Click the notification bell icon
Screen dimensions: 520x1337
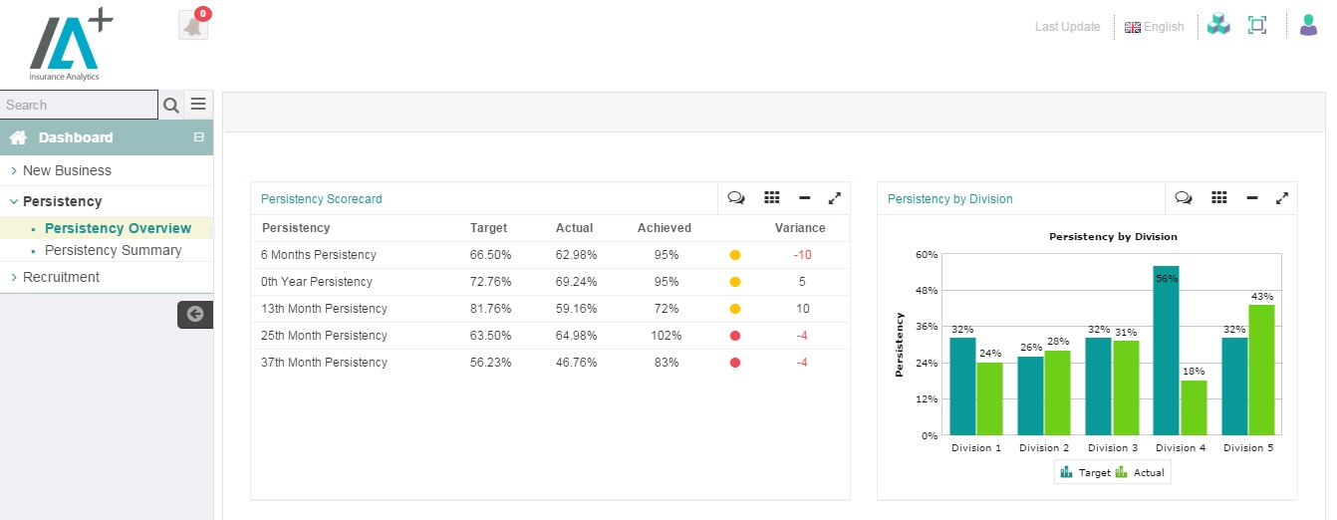point(193,26)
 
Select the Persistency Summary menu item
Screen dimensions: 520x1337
point(113,250)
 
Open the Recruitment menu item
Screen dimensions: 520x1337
point(61,277)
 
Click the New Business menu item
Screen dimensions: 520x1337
point(67,170)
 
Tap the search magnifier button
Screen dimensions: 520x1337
point(171,105)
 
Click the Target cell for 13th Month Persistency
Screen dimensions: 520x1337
point(490,309)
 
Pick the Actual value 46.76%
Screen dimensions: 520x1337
point(576,363)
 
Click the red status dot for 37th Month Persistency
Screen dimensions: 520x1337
point(735,363)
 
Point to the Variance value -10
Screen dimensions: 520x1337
point(802,255)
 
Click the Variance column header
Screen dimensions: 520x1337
point(800,228)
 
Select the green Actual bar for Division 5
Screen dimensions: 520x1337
point(1260,370)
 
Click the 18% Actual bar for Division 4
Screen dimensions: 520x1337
point(1194,407)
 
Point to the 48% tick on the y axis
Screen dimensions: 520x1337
point(926,291)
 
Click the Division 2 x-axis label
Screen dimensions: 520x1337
point(1044,448)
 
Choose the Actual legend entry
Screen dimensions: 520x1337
point(1141,473)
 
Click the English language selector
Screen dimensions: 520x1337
point(1155,27)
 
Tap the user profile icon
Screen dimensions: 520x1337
point(1308,26)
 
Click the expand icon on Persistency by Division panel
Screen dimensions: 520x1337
point(1281,198)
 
